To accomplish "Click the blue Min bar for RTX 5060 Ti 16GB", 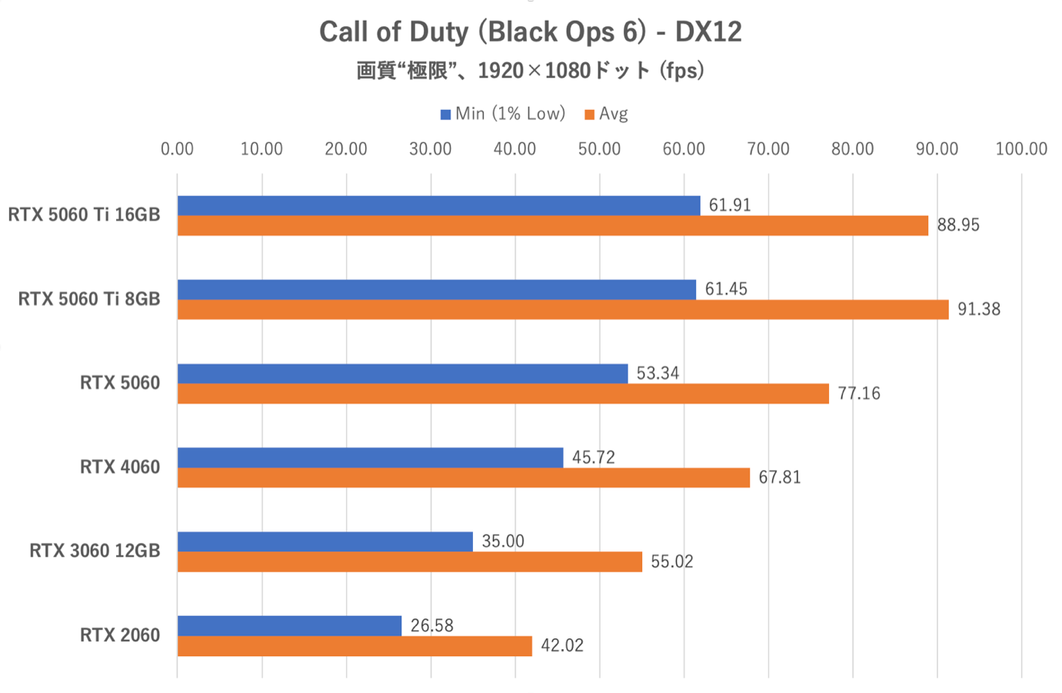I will coord(438,205).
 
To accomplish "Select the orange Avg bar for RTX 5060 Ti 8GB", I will coord(563,309).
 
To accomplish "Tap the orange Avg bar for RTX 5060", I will coord(503,394).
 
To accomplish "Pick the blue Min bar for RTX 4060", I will coord(370,458).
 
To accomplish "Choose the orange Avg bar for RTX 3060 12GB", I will coord(410,562).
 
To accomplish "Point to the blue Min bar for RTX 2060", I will coord(289,626).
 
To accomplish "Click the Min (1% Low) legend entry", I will coord(503,114).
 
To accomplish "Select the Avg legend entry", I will coord(607,114).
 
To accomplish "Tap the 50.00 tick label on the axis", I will coord(599,149).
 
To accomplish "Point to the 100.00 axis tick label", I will coord(1021,149).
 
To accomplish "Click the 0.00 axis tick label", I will coord(177,149).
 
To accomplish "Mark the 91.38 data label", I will coord(978,309).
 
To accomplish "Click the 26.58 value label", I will coord(431,626).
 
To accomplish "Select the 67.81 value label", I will coord(779,478).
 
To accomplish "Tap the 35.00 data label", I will coord(503,541).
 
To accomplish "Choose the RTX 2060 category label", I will coord(120,635).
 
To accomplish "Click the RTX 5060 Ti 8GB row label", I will coord(89,298).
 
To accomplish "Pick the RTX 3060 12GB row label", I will coord(95,551).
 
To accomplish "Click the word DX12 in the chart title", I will coord(708,32).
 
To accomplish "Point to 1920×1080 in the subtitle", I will coord(534,71).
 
